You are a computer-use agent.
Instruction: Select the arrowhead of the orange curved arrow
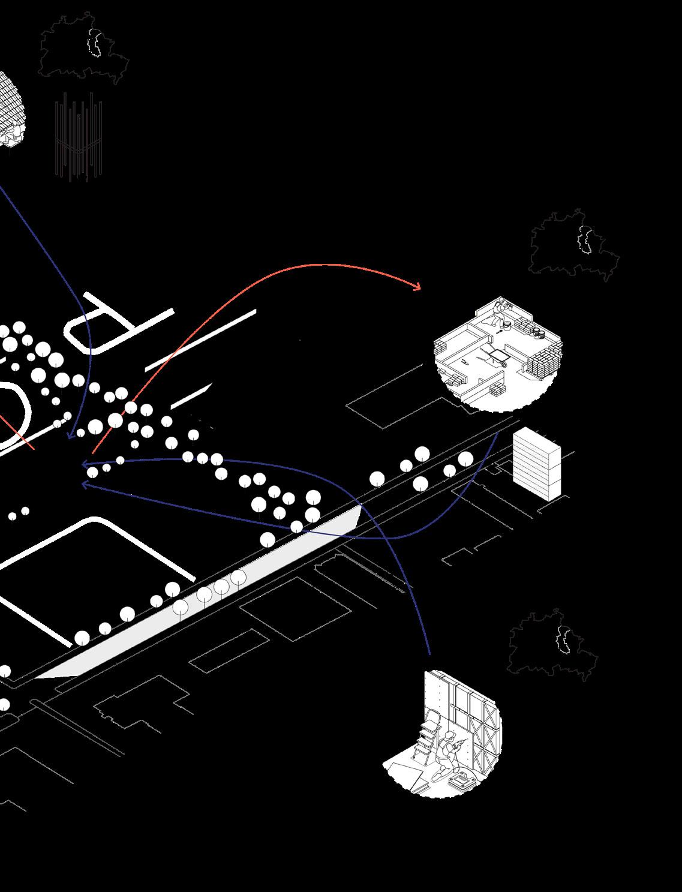[x=418, y=288]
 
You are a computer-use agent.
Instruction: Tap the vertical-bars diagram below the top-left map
[x=79, y=139]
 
